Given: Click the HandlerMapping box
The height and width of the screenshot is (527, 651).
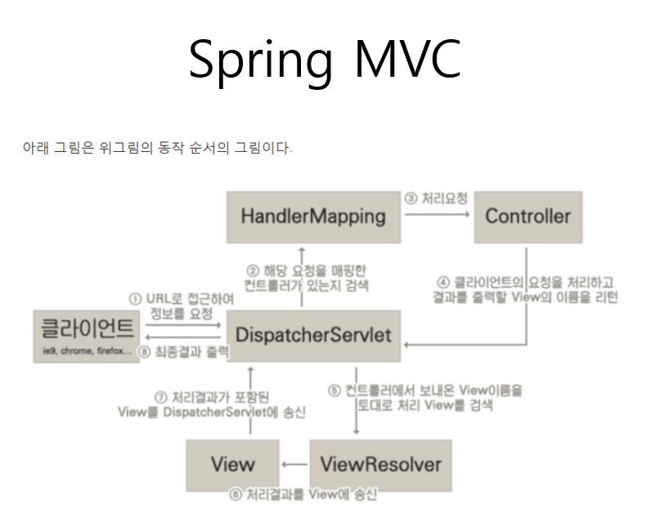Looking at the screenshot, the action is (x=313, y=217).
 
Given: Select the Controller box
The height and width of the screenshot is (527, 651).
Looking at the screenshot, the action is (x=528, y=217).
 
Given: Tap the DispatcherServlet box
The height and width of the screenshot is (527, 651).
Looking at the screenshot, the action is (x=313, y=335).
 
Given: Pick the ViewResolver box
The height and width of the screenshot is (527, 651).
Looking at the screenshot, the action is (x=380, y=465).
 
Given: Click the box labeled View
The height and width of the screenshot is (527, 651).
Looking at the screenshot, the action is (x=232, y=465).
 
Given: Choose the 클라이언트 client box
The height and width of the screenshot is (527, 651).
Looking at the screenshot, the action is (x=88, y=335).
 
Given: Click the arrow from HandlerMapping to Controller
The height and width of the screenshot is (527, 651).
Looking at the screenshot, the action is (x=438, y=216).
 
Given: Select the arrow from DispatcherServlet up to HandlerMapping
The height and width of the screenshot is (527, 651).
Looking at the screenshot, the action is (x=301, y=278).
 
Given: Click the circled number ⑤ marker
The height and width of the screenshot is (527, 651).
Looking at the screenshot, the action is (x=334, y=391).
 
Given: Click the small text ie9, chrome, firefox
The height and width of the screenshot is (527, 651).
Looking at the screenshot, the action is (x=87, y=352).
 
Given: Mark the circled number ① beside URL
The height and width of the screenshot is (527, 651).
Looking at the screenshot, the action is (x=136, y=298).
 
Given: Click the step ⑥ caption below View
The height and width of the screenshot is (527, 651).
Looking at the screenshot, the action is (x=304, y=495).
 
